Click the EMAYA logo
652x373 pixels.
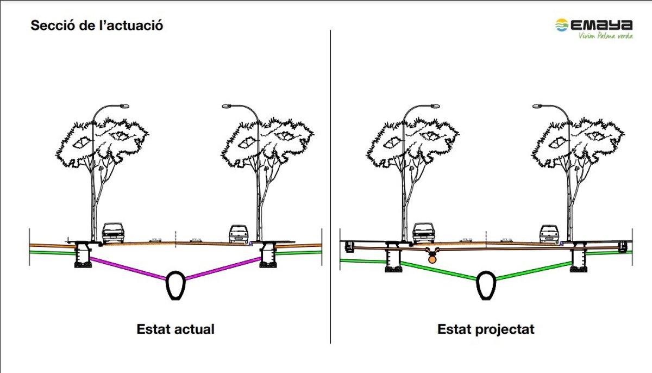point(593,25)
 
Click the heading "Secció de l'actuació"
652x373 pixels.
point(97,26)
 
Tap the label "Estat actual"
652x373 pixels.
point(175,329)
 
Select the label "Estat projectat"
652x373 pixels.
point(486,329)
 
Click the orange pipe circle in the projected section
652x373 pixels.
point(432,260)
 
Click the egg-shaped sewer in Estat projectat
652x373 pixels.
point(486,284)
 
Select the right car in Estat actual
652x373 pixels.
point(239,233)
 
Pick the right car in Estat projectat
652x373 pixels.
point(549,233)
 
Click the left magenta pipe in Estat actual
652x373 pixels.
point(128,269)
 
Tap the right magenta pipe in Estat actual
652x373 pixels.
point(223,269)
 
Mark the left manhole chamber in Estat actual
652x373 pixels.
point(83,256)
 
